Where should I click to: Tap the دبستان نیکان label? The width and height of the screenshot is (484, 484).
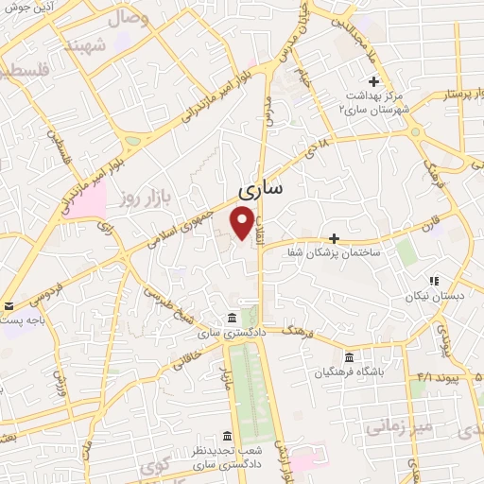click(x=435, y=296)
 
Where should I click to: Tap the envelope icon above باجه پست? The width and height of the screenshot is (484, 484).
click(x=9, y=305)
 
